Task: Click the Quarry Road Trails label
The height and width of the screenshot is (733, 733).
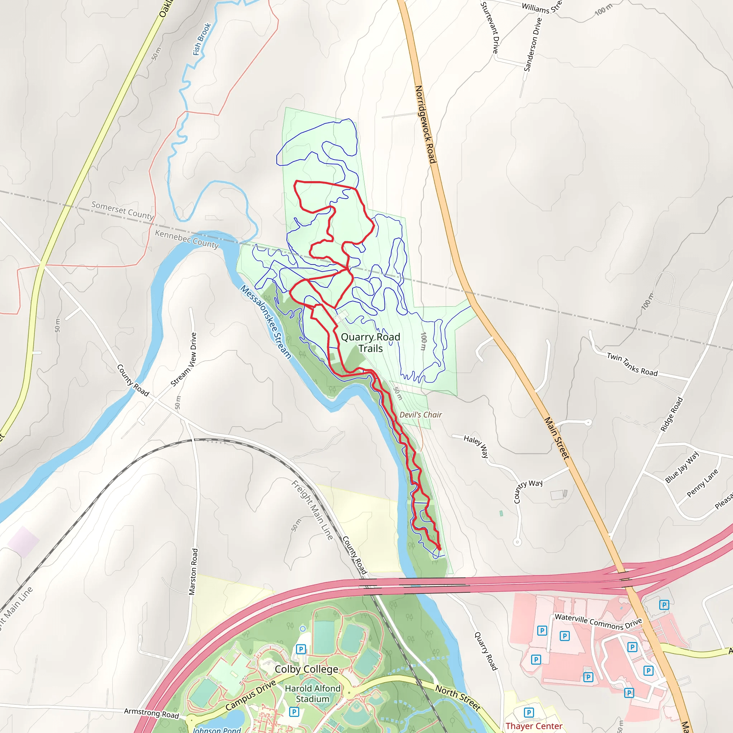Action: (370, 343)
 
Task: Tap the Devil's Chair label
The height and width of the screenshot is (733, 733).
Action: (421, 415)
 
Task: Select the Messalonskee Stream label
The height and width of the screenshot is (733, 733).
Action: (266, 322)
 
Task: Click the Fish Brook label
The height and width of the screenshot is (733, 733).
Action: (202, 39)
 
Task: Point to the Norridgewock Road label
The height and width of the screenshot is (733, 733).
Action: (425, 124)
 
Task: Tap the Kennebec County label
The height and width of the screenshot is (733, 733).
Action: (187, 239)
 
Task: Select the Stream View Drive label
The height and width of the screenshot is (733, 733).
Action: (184, 359)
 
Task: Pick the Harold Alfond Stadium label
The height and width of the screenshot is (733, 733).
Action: (312, 694)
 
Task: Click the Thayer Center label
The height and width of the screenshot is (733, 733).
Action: (534, 726)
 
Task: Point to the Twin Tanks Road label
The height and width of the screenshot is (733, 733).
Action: (632, 364)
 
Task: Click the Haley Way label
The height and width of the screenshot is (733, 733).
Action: (476, 446)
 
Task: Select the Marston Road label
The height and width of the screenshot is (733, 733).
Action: (194, 572)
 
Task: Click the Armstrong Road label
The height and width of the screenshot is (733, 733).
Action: (151, 713)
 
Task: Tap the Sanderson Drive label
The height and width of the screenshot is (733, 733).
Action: (533, 44)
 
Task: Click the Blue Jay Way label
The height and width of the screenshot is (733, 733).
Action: (682, 467)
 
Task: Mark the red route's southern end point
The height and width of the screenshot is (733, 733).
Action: (440, 549)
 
